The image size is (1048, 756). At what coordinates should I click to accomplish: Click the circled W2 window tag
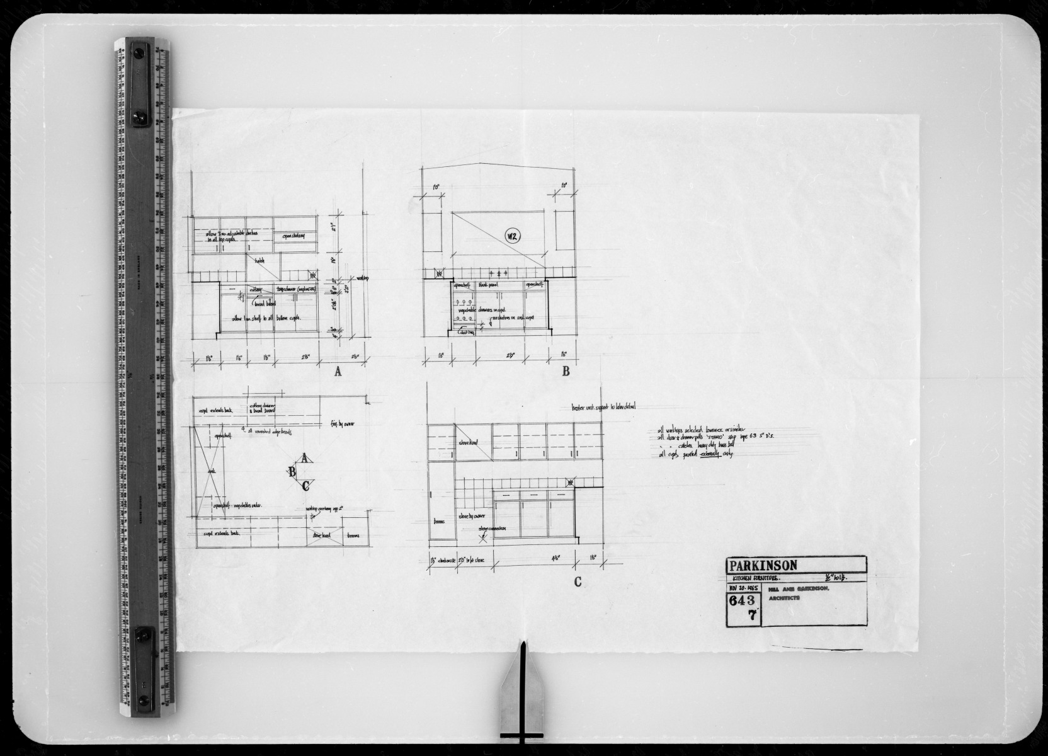(x=513, y=238)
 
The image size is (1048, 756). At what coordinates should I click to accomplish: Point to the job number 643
(x=743, y=600)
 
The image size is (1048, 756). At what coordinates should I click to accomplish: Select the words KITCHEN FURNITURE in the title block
(x=755, y=577)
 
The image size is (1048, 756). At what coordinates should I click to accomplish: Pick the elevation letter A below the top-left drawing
(x=338, y=372)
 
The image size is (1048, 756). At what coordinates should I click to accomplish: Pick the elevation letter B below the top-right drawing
(x=566, y=372)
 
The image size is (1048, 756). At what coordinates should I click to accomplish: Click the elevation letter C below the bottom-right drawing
(x=577, y=582)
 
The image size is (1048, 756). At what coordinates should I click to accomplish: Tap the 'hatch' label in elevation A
(x=259, y=260)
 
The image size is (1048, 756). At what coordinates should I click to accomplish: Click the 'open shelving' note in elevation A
(x=293, y=236)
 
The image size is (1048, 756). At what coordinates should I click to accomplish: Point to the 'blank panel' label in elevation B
(x=489, y=285)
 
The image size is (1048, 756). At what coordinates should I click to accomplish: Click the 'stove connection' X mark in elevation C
(x=484, y=537)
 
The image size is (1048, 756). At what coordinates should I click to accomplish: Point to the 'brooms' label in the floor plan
(x=353, y=536)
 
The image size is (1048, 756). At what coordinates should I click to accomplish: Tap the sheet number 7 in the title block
(x=751, y=617)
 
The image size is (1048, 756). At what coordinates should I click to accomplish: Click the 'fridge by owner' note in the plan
(x=343, y=424)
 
